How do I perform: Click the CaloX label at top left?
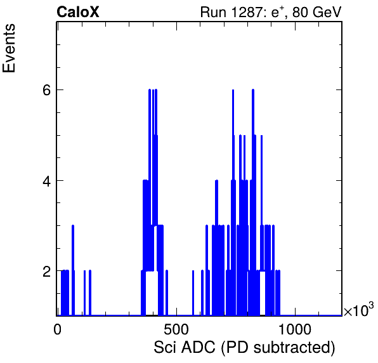(x=78, y=12)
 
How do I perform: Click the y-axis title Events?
(x=9, y=48)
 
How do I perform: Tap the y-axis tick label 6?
(x=46, y=90)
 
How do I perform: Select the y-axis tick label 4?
(x=46, y=181)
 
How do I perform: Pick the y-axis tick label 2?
(x=46, y=272)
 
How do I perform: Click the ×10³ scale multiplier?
(x=359, y=310)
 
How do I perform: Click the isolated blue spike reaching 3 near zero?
(x=73, y=270)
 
